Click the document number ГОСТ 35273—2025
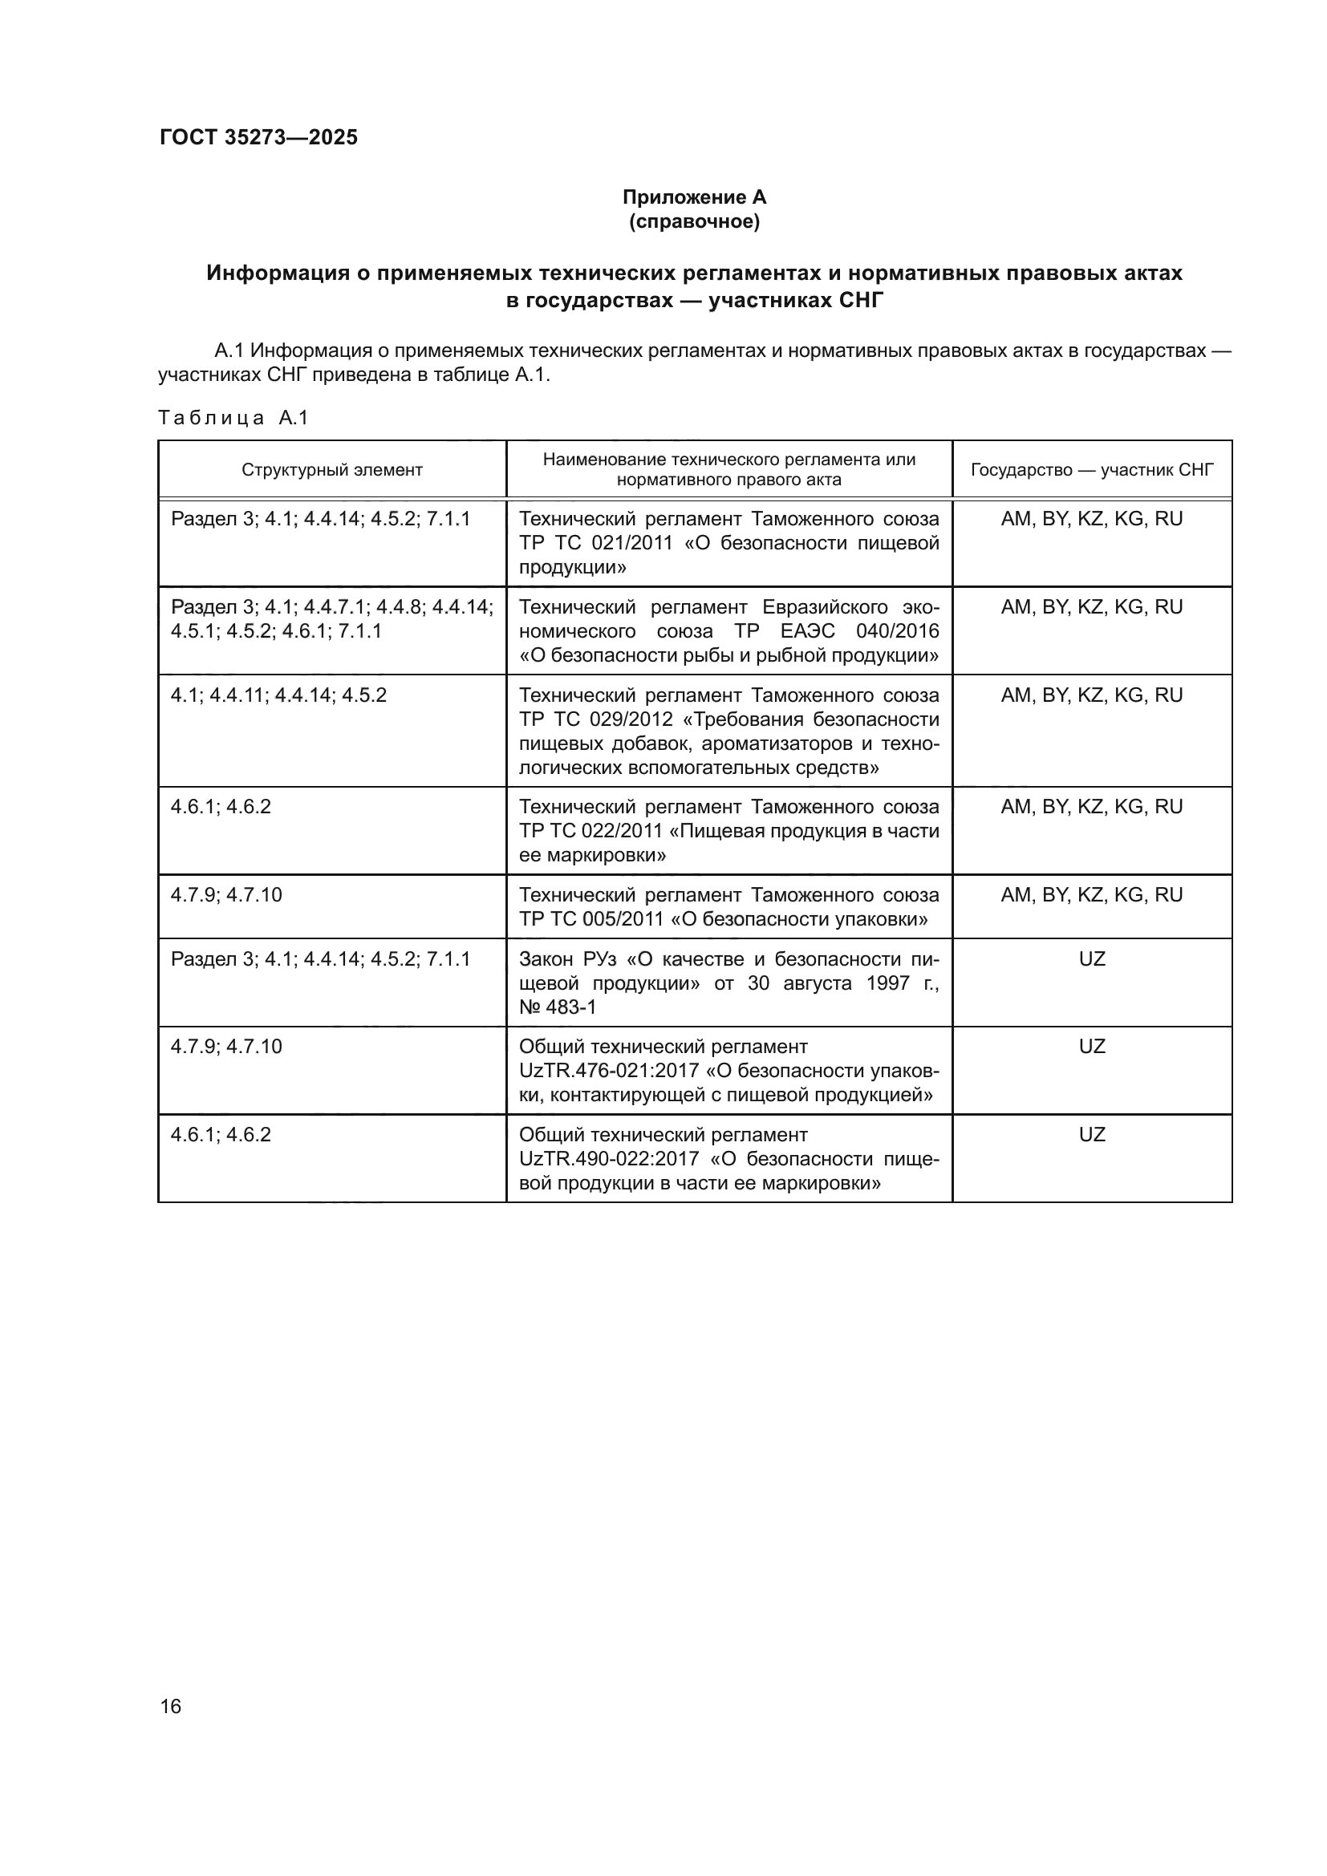(x=258, y=137)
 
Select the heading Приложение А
(x=694, y=197)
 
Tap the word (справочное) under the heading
(x=694, y=221)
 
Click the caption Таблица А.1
(x=233, y=418)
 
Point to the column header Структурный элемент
(x=332, y=470)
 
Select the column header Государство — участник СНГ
(x=1092, y=470)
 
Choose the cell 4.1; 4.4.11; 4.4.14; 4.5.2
(x=278, y=695)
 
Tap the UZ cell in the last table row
(x=1092, y=1135)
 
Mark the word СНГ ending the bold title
(x=861, y=301)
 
